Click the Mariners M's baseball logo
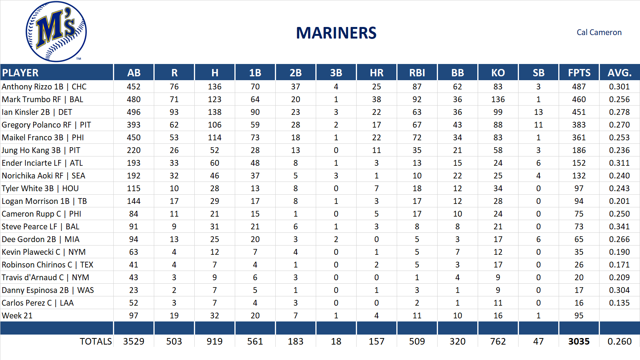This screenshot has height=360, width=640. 56,32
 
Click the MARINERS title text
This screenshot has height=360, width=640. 336,33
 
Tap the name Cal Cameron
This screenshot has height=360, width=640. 599,32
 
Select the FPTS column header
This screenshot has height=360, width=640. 579,73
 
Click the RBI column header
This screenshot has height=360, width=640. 417,73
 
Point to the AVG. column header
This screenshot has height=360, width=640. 619,73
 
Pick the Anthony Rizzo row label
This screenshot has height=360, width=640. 44,87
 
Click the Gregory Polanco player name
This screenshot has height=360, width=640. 46,125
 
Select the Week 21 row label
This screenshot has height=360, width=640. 17,316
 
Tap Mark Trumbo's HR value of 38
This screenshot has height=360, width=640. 376,99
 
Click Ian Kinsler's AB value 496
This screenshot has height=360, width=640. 133,112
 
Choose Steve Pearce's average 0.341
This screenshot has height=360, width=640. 619,227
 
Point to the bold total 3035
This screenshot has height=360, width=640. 579,341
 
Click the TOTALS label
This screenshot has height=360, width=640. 96,341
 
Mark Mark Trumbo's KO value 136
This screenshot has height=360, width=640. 498,99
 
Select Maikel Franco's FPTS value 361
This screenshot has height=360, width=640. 579,138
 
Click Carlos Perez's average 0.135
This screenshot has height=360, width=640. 619,303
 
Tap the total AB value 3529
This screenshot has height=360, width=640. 133,341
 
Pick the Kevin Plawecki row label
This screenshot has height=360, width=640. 44,252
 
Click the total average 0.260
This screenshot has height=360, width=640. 619,341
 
